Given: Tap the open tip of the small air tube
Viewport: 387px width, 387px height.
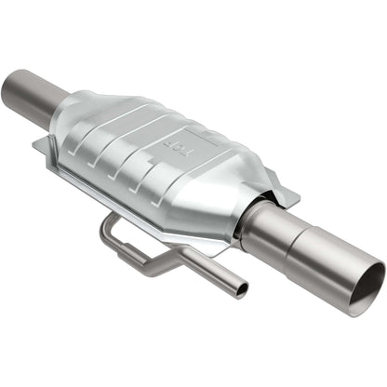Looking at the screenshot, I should (x=242, y=291).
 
